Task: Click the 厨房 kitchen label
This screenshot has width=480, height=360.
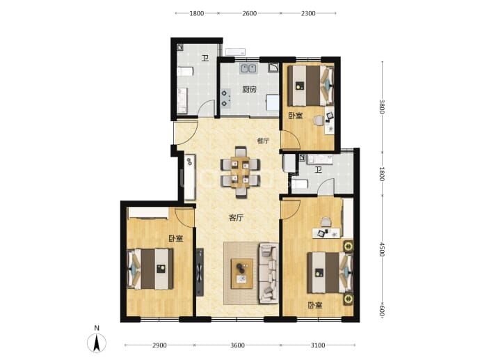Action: click(x=249, y=90)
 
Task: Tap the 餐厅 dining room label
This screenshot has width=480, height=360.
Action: click(x=263, y=141)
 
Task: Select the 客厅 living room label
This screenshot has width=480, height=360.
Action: click(x=237, y=218)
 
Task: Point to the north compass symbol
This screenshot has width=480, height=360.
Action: click(x=97, y=343)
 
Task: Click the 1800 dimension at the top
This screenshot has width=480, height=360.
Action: click(x=197, y=13)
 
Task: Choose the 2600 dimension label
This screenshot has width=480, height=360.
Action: click(x=250, y=13)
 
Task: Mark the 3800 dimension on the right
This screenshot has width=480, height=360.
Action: click(x=382, y=107)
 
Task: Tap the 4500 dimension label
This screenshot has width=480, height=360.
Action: click(x=382, y=249)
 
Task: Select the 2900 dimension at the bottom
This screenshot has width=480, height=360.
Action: click(x=159, y=345)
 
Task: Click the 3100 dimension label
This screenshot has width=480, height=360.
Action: click(x=318, y=345)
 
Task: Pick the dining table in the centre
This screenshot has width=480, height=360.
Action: click(x=240, y=172)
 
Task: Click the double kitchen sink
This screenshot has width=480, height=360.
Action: click(x=248, y=68)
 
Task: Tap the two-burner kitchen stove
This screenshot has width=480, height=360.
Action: click(x=225, y=98)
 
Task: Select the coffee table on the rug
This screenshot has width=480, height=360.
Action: click(x=242, y=274)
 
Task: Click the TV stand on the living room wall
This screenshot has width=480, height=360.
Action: click(x=200, y=272)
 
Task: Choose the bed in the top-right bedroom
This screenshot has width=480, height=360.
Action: click(x=310, y=86)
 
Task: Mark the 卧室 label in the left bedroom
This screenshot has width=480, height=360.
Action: click(x=176, y=239)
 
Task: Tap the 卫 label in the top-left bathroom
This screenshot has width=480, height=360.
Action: click(x=205, y=58)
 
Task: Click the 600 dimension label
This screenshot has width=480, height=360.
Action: click(x=382, y=311)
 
